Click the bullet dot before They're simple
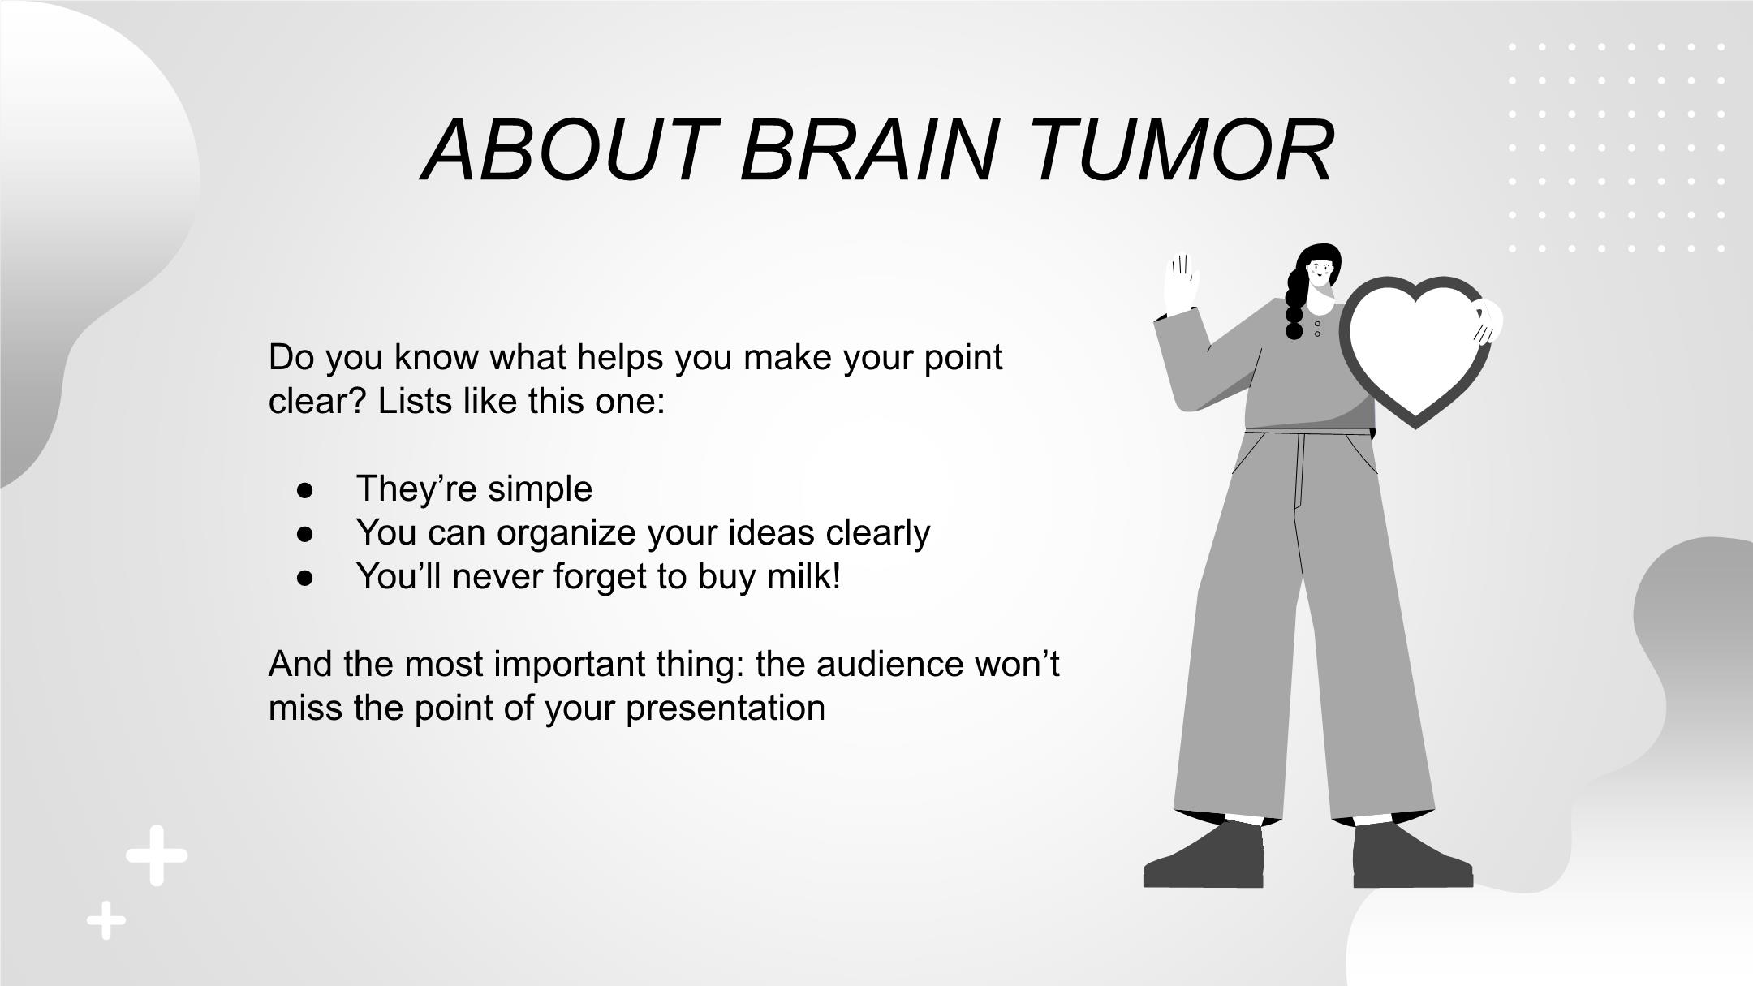coord(305,490)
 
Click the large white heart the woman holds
coord(1415,349)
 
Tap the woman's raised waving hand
coord(1182,285)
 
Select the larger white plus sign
coord(157,855)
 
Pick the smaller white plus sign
coord(106,920)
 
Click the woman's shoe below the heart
coord(1412,857)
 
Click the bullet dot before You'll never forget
coord(305,578)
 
